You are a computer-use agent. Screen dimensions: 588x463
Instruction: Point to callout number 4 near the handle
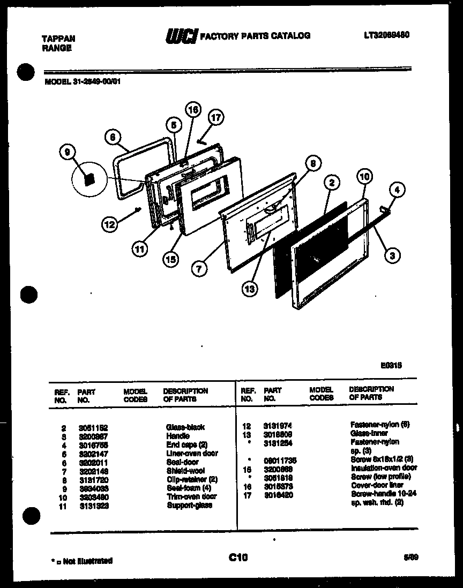397,190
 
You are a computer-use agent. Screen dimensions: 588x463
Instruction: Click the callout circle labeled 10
364,177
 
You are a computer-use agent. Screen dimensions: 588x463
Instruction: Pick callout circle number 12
110,225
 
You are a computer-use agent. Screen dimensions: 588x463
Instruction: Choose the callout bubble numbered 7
199,269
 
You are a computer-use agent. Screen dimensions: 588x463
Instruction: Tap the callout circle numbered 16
192,110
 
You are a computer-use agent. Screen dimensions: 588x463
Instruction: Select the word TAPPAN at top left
58,39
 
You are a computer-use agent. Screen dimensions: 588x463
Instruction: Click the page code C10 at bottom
237,558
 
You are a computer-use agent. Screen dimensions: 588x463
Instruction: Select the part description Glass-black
185,427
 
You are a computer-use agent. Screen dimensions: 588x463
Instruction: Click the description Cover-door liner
377,485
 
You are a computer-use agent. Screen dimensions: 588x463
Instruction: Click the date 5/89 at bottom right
411,558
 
